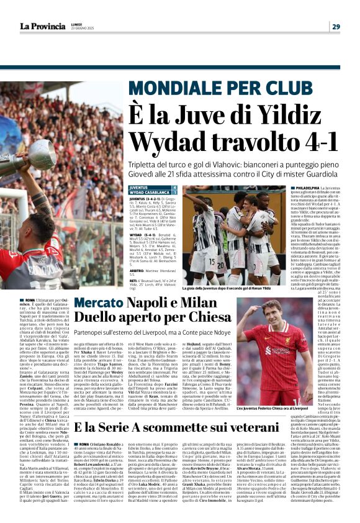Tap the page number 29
pos(336,26)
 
